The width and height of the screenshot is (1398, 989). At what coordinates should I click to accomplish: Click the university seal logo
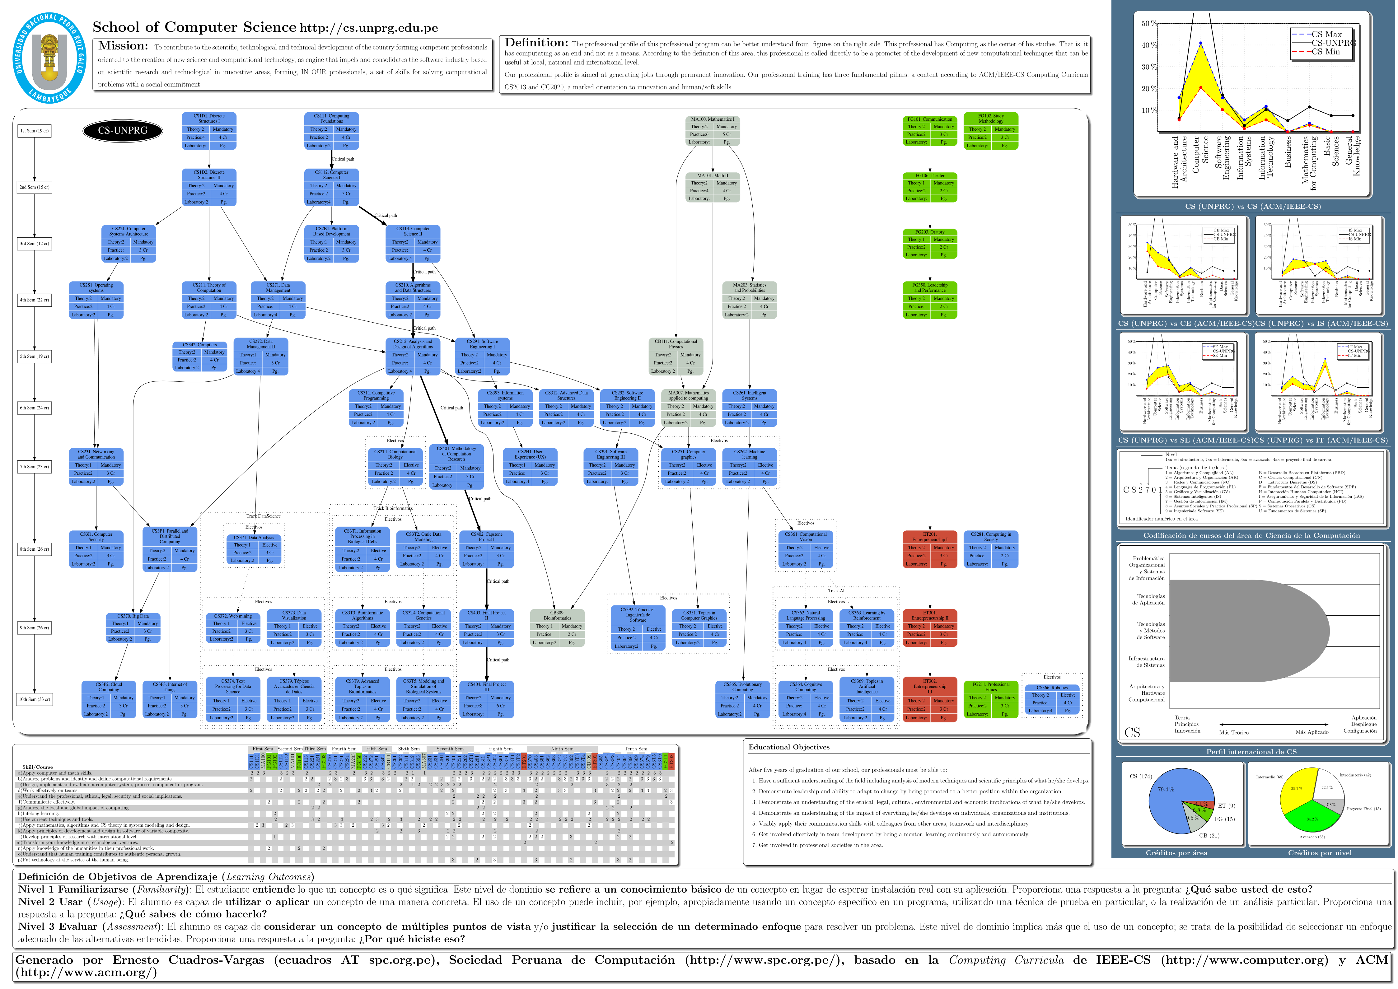(x=50, y=58)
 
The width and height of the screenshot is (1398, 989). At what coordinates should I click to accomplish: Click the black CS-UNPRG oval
(x=123, y=130)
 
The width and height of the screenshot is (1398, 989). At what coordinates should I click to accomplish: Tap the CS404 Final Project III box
(x=486, y=699)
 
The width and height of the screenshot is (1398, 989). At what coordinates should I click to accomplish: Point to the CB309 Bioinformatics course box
(x=557, y=627)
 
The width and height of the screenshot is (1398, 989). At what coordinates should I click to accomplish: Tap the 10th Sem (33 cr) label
(x=35, y=699)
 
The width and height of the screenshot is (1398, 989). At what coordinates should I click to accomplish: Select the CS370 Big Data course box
(x=133, y=627)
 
